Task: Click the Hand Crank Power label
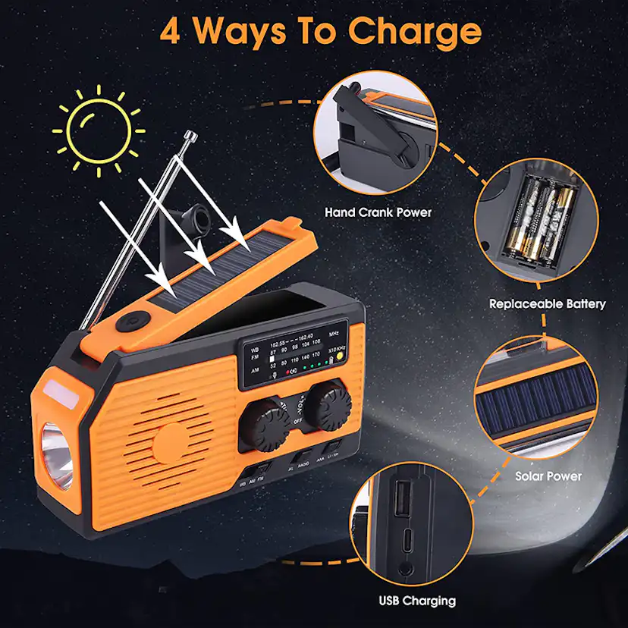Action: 378,212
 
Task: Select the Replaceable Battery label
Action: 547,303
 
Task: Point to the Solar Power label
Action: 548,476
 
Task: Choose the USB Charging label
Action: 417,601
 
